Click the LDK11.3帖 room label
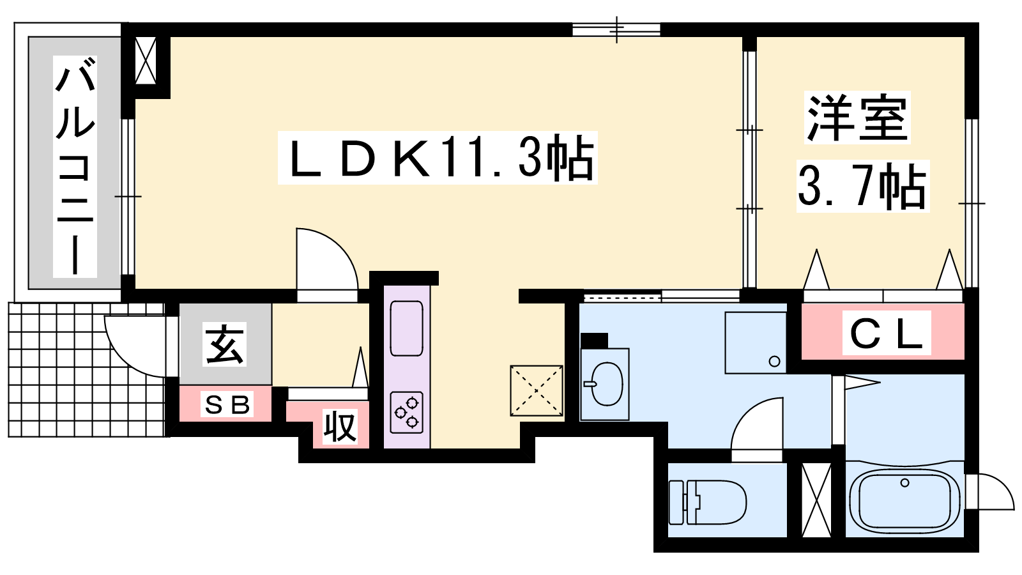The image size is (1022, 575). (438, 158)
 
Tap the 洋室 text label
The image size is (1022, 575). (857, 118)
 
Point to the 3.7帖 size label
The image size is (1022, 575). (862, 187)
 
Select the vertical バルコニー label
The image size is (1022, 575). (75, 166)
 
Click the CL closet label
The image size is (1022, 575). (886, 333)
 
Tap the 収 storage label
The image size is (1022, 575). (339, 426)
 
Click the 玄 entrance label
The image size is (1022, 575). (224, 344)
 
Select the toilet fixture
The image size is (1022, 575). (708, 501)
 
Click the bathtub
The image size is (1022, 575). (904, 500)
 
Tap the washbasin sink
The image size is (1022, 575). (606, 384)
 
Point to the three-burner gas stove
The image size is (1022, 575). (407, 411)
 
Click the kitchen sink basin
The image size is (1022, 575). (406, 328)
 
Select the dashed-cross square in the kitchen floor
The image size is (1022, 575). (537, 390)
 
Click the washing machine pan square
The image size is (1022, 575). (756, 342)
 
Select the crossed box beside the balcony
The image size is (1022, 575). (146, 61)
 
